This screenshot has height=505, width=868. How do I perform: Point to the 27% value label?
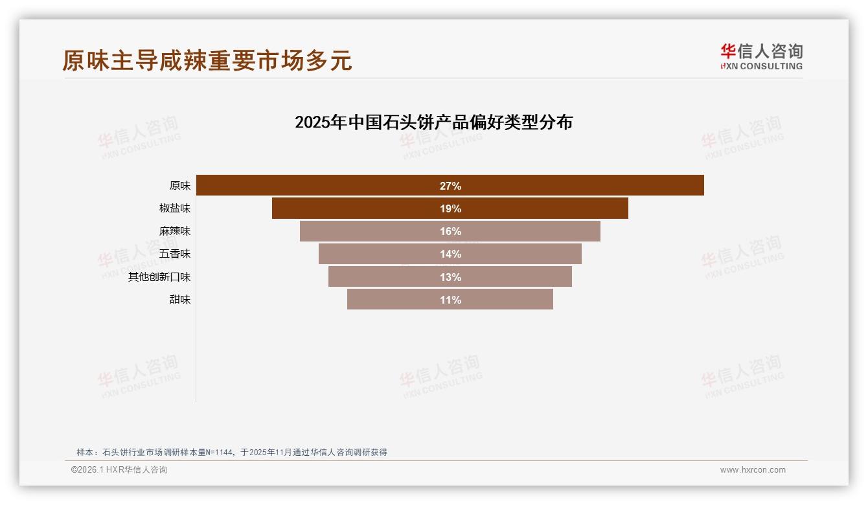pyautogui.click(x=450, y=186)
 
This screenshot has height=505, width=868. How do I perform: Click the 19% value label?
pyautogui.click(x=450, y=208)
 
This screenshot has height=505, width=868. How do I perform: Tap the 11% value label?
pyautogui.click(x=450, y=300)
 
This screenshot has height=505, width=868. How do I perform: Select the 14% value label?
pyautogui.click(x=450, y=254)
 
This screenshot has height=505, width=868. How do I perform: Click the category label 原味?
pyautogui.click(x=180, y=186)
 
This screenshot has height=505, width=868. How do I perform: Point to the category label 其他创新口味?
pyautogui.click(x=159, y=277)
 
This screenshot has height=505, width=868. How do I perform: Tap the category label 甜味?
pyautogui.click(x=180, y=300)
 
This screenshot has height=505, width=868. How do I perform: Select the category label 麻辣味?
pyautogui.click(x=175, y=231)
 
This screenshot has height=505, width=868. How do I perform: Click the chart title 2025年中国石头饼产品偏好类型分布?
pyautogui.click(x=433, y=122)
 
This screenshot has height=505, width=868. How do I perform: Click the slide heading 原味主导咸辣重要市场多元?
pyautogui.click(x=207, y=60)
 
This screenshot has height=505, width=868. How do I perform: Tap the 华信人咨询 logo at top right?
pyautogui.click(x=761, y=56)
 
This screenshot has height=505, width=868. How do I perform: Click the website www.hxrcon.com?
pyautogui.click(x=753, y=470)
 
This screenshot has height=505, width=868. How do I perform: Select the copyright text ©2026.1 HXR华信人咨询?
pyautogui.click(x=119, y=470)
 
